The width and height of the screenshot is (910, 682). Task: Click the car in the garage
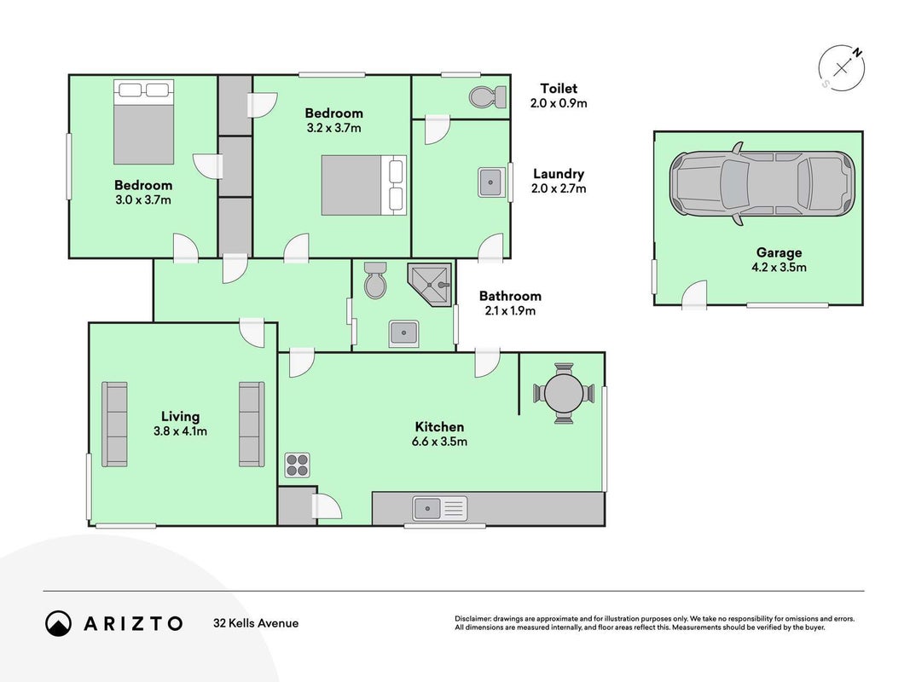(762, 184)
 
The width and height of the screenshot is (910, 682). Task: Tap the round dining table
(564, 393)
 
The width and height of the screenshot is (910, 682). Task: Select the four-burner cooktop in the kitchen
(297, 465)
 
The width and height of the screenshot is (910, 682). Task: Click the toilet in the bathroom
(375, 280)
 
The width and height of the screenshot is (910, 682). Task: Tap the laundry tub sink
(491, 182)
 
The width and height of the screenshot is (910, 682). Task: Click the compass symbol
(842, 68)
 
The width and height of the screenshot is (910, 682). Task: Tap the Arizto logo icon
(58, 623)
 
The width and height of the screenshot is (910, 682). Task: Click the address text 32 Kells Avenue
(256, 623)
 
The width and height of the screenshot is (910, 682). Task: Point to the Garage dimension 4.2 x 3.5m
(779, 268)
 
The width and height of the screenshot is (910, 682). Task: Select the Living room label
(180, 416)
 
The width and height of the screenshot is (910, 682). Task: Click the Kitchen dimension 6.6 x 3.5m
(439, 442)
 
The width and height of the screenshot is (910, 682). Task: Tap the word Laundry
(559, 174)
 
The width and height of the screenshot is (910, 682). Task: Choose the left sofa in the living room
(114, 424)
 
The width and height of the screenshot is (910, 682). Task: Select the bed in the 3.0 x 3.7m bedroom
(143, 122)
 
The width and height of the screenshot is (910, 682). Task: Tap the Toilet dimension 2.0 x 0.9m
(559, 103)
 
